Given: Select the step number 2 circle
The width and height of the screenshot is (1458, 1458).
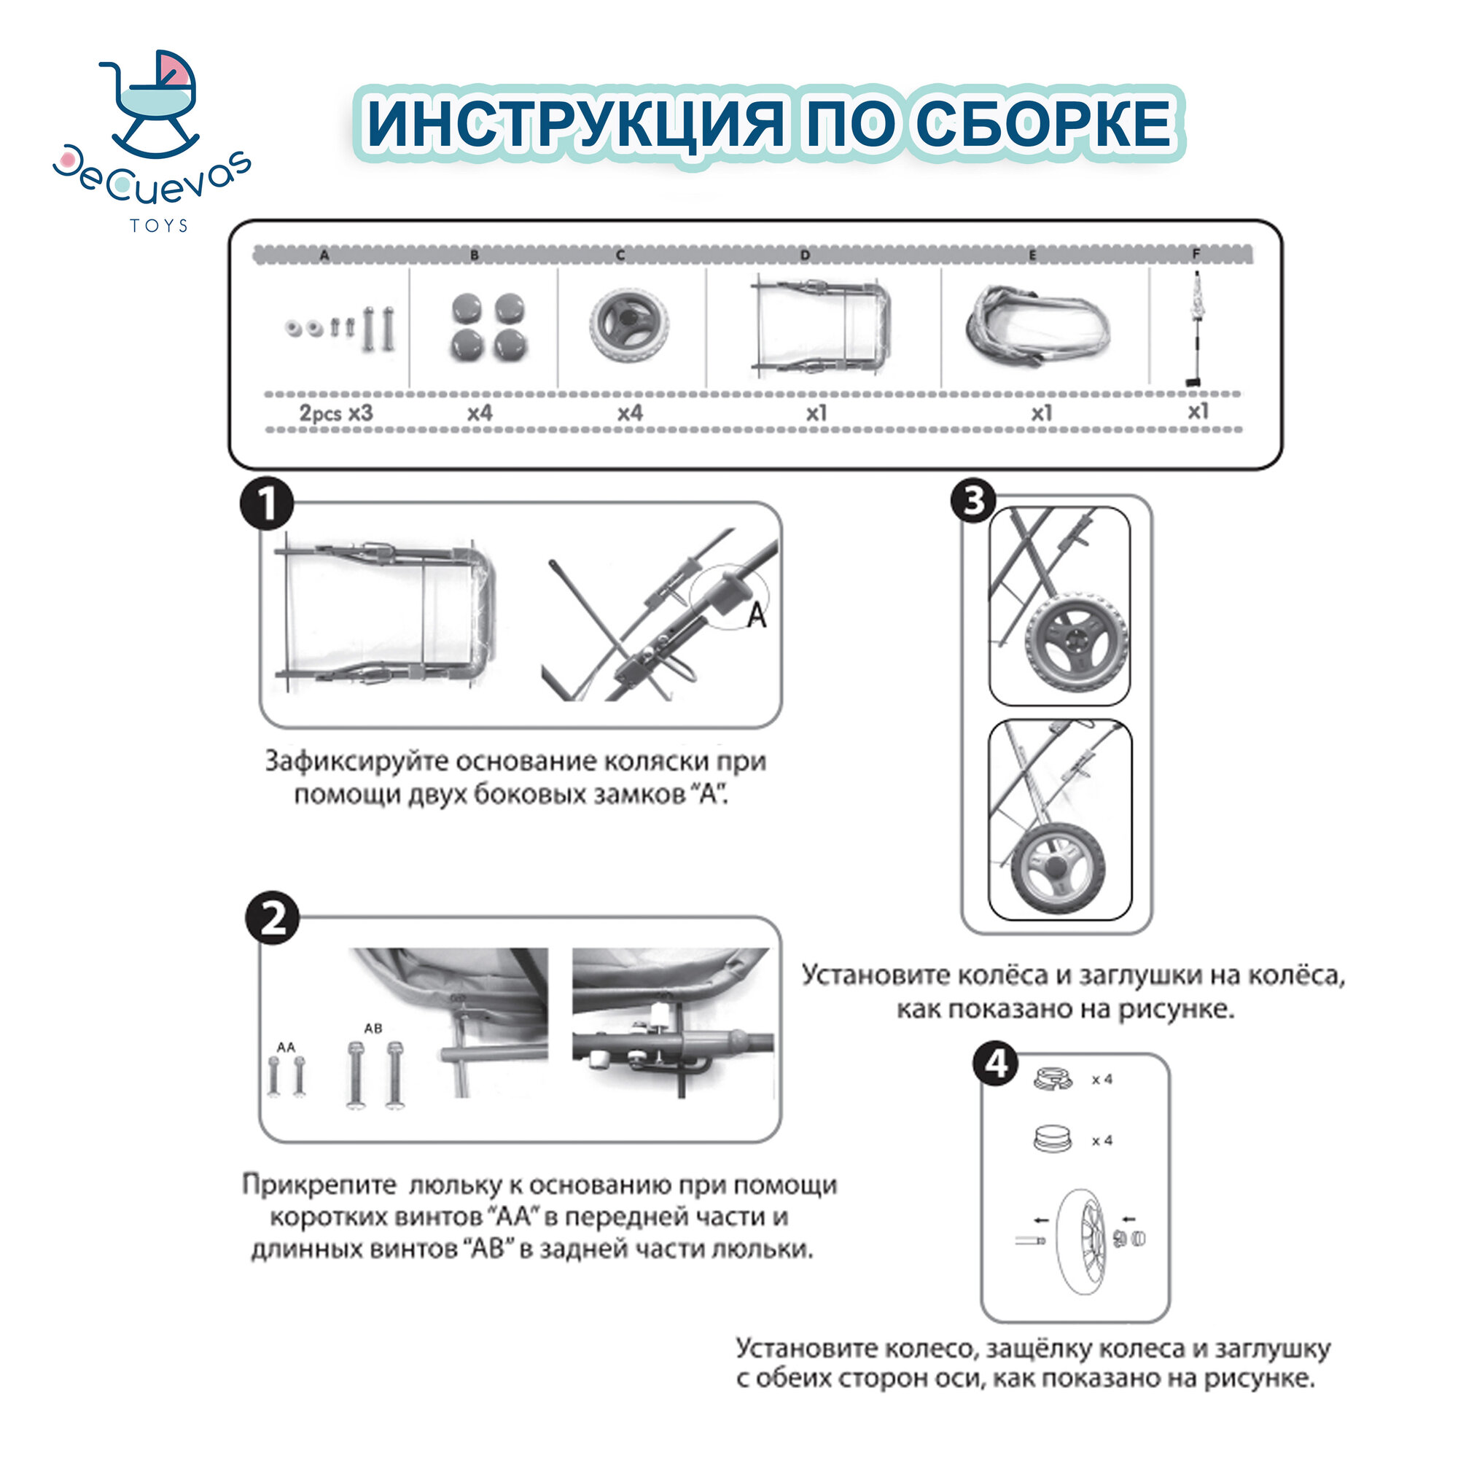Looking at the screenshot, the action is (x=273, y=919).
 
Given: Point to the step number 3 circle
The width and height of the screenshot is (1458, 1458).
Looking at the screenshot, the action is (x=972, y=500).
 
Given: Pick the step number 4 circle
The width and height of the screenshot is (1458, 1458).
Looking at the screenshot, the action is (x=996, y=1064).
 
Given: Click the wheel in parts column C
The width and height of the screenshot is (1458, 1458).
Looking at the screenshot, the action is (x=628, y=325).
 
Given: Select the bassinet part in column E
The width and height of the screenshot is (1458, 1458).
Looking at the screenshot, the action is (x=1037, y=325).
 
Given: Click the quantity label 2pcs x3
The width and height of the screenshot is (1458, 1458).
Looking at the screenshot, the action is (x=336, y=413).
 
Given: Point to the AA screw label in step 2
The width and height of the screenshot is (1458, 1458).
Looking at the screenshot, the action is (x=286, y=1048).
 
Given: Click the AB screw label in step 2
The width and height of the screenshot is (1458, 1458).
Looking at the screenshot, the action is (x=373, y=1028).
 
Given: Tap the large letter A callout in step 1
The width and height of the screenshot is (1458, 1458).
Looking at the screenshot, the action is (x=756, y=615).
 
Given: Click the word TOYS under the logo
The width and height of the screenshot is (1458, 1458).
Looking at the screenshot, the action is (x=158, y=226).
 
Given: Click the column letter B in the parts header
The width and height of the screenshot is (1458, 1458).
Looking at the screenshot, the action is (x=475, y=255).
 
